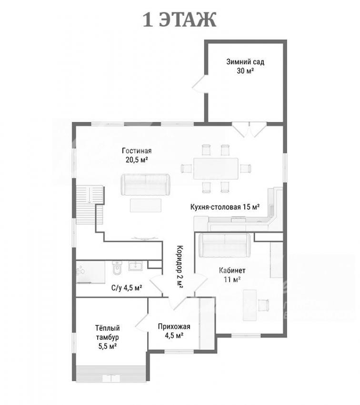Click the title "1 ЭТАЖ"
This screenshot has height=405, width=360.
coord(180,20)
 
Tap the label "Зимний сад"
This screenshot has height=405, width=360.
coord(245,62)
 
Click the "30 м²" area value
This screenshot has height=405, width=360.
coord(245,71)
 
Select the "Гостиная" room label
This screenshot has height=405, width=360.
coord(137,151)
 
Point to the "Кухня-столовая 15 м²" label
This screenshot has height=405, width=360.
coord(225,207)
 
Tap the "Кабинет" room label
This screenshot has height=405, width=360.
coord(232,271)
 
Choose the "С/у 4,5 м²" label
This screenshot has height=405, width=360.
coord(127,287)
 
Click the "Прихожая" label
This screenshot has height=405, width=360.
coord(174,326)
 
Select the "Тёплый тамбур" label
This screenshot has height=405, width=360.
coord(108,333)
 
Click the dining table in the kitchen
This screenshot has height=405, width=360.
coord(216,169)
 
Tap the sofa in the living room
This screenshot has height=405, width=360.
coord(146,185)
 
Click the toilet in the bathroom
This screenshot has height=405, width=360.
coord(117,269)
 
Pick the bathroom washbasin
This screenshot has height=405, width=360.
coord(136,266)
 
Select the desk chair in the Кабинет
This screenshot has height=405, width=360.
coord(263,305)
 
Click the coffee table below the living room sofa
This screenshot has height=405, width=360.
coord(146,205)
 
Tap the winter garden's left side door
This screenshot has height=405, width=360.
coord(200,83)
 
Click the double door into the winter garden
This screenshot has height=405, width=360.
coord(249,129)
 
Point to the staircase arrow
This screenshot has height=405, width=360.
coord(89,195)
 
